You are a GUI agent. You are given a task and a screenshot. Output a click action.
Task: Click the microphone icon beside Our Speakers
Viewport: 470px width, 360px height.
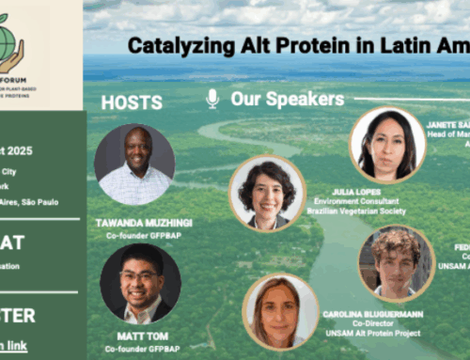pos(212,99)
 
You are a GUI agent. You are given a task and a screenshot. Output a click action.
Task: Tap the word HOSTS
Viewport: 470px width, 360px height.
pos(132,102)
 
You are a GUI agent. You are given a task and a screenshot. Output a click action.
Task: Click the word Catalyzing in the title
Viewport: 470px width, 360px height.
pos(170,45)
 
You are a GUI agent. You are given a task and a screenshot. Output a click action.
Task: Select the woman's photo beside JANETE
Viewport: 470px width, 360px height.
pos(387,144)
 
